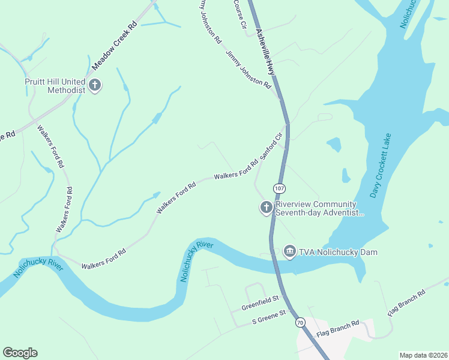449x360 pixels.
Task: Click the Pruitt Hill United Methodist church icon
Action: click(x=95, y=86)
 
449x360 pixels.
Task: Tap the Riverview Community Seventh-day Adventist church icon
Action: click(x=266, y=208)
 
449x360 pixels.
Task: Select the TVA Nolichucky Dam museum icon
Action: click(x=289, y=251)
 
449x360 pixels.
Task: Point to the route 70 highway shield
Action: click(x=300, y=323)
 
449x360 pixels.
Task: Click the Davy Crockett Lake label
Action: click(x=380, y=166)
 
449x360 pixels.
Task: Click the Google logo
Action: click(x=20, y=353)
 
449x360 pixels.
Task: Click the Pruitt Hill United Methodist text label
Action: click(x=55, y=86)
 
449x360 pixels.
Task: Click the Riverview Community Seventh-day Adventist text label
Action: click(x=319, y=208)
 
